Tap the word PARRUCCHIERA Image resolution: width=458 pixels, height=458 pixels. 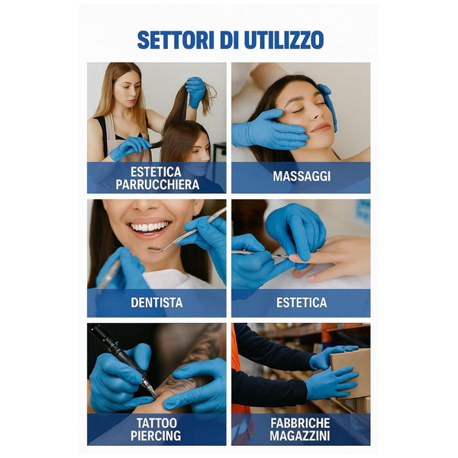click(x=156, y=184)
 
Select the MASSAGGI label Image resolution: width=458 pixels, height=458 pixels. click(x=301, y=177)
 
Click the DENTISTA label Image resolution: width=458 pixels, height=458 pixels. click(x=156, y=302)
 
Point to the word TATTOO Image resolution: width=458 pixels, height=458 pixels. click(x=156, y=422)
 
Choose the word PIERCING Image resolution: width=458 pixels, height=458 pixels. click(x=156, y=436)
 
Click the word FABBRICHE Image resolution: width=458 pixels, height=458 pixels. click(x=301, y=422)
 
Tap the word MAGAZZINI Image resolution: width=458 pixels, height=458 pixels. click(x=301, y=436)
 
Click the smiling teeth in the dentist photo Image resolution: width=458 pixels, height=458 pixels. click(x=150, y=227)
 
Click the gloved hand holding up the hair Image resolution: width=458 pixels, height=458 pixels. click(x=195, y=91)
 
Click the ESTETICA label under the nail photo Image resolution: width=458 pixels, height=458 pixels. click(x=301, y=302)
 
